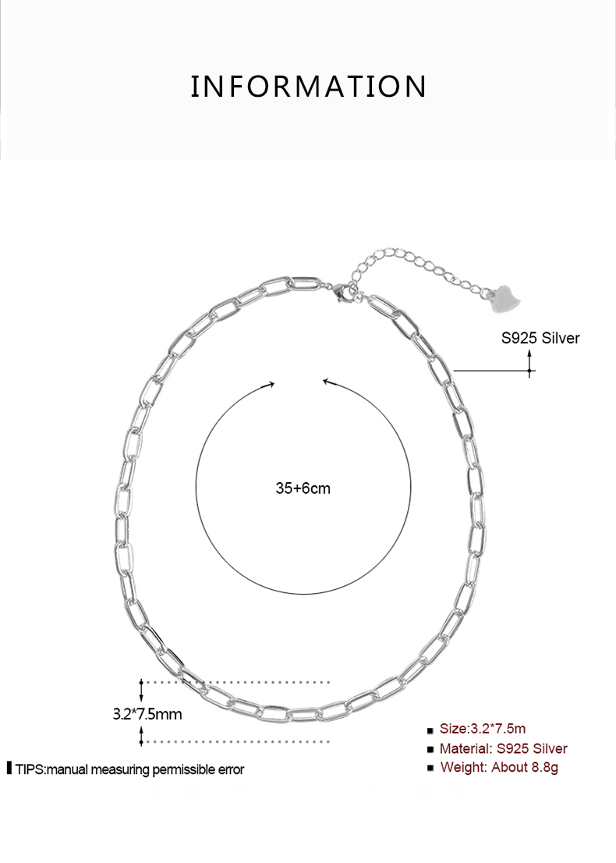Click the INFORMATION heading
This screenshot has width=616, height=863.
(x=308, y=87)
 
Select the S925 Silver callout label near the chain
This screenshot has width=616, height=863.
(x=540, y=338)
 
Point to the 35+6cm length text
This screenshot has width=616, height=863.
(x=303, y=488)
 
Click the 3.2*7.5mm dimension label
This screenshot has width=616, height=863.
(x=147, y=713)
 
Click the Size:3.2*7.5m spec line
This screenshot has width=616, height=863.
(x=483, y=729)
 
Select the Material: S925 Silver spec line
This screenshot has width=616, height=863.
(x=503, y=748)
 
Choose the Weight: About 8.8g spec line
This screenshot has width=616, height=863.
(x=499, y=767)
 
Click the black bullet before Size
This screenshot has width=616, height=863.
(x=430, y=731)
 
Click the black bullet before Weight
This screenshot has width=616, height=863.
(x=430, y=769)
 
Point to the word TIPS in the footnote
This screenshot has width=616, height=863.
(x=30, y=769)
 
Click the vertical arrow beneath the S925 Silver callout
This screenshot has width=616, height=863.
(x=530, y=364)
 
